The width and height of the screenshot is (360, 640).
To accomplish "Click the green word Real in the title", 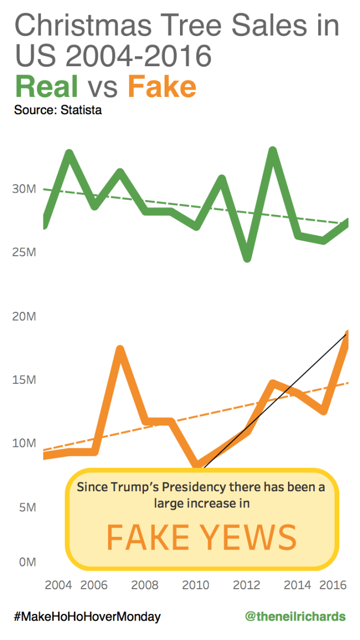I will tap(47, 86).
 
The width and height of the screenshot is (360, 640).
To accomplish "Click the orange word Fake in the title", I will tap(162, 86).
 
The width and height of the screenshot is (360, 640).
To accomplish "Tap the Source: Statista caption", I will tap(58, 111).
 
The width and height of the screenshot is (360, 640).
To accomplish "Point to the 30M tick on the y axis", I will tap(24, 189).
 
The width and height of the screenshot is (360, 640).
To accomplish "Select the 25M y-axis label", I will tap(24, 253).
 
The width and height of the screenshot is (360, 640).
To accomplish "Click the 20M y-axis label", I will tap(24, 317).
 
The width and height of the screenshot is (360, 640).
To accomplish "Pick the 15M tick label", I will tap(24, 380).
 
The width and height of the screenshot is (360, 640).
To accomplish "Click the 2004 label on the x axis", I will tap(58, 585).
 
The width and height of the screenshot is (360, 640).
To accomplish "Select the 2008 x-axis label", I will tap(145, 585).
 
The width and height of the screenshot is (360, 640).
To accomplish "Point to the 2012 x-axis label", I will tap(246, 585).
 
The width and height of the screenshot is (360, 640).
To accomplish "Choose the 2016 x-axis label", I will tap(334, 585).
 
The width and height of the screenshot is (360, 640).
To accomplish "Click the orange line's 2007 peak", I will tap(120, 350).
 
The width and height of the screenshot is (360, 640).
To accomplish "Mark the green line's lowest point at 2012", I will tap(247, 258).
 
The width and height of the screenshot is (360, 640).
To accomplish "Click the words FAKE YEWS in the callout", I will tap(202, 537).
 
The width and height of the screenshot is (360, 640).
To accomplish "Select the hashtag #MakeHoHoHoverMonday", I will tap(87, 617).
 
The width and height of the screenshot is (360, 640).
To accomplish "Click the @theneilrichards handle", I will tap(295, 617).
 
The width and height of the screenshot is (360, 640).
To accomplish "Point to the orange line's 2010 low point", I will tap(197, 465).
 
